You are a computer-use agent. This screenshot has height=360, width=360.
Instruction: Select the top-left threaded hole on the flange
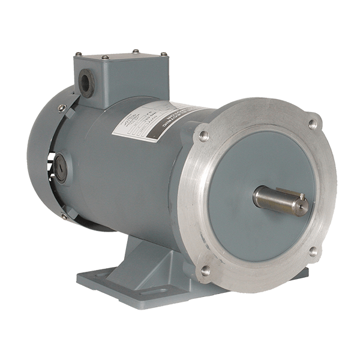[x=203, y=135]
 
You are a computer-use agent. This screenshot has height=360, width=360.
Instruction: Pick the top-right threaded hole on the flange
[x=311, y=124]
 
